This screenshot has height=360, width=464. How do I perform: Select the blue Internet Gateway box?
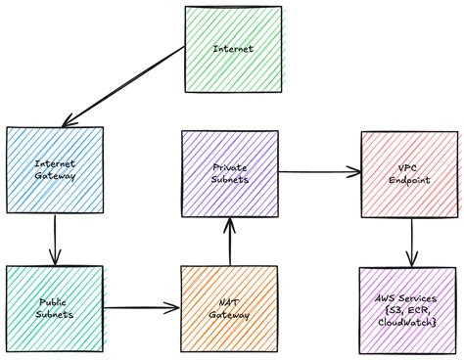55,170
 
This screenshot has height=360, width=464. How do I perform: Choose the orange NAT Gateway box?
230,309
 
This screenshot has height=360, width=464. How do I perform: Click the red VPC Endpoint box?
409,174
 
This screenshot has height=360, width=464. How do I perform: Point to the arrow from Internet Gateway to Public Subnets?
56,239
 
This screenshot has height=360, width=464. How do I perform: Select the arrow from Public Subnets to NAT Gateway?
142,308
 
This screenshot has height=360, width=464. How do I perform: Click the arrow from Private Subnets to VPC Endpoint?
319,174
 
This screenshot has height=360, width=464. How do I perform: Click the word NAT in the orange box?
229,301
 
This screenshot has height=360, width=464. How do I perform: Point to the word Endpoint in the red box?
409,182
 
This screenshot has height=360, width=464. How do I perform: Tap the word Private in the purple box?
230,168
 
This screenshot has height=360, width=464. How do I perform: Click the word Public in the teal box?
55,302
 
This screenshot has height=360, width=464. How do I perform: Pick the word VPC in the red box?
409,168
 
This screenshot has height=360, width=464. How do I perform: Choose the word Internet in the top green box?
233,47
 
